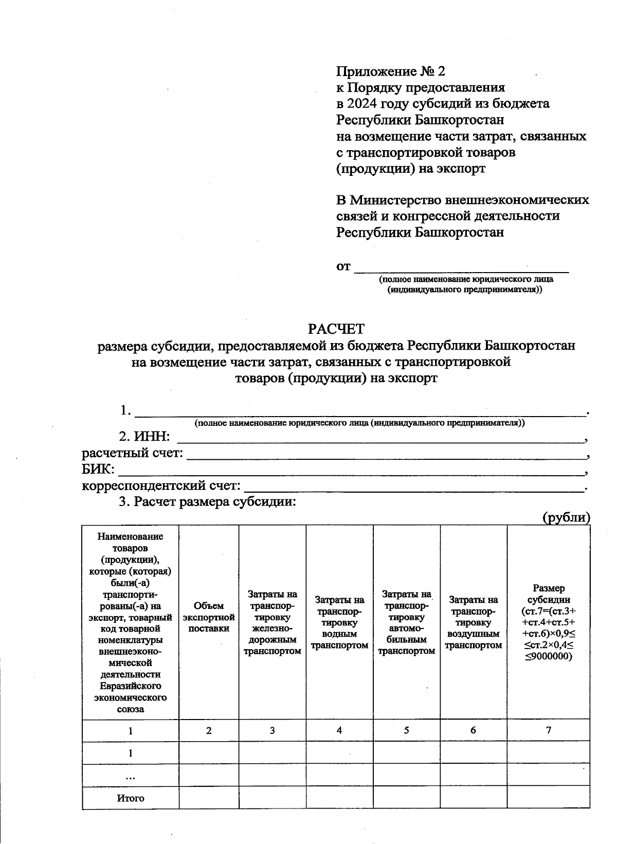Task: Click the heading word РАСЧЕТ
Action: (x=336, y=329)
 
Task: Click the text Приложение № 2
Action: (x=390, y=71)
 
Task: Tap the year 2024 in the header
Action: (x=362, y=103)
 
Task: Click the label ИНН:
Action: (x=151, y=437)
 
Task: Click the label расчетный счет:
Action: (x=132, y=453)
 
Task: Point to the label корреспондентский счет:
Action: (x=161, y=486)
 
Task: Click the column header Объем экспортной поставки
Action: (x=209, y=617)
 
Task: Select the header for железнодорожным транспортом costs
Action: (x=272, y=622)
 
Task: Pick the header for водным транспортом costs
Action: (x=339, y=622)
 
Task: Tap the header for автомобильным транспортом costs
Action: (x=406, y=622)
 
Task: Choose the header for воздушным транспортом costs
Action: (x=473, y=622)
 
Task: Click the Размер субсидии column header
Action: (x=549, y=622)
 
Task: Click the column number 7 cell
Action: (x=549, y=730)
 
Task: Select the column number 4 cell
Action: (x=339, y=730)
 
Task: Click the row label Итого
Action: (x=131, y=798)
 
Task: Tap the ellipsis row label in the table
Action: (x=131, y=776)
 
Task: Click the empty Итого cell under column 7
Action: (x=549, y=798)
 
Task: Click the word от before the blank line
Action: (x=343, y=266)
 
